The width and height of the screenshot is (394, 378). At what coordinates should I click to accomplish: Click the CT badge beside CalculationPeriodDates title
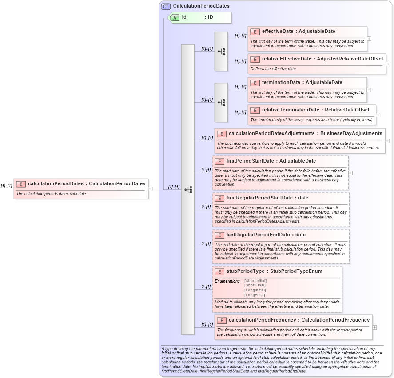[166, 6]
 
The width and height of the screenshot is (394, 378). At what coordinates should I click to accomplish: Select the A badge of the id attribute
[175, 17]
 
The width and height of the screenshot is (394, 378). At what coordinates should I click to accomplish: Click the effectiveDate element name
[278, 32]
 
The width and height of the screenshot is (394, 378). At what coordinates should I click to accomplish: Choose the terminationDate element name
[281, 83]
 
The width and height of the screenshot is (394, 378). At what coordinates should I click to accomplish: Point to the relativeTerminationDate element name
[290, 110]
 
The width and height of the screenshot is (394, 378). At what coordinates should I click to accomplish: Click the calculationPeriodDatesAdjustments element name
[272, 133]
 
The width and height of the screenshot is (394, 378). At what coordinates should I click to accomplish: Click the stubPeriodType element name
[243, 271]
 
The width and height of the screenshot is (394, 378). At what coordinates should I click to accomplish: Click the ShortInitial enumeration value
[255, 281]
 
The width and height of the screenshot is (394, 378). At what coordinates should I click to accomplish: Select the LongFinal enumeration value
[255, 295]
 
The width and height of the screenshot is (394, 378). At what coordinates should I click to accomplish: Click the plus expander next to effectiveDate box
[369, 39]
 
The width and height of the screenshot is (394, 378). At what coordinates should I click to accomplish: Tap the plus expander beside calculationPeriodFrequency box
[374, 327]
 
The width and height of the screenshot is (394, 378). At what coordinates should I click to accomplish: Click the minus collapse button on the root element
[150, 188]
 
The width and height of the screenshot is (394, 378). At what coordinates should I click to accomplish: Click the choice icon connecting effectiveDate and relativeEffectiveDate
[221, 52]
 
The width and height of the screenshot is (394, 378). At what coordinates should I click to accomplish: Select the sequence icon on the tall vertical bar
[188, 189]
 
